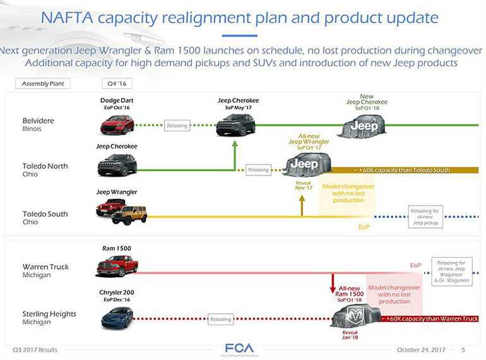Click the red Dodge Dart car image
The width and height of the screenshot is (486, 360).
[x=117, y=124]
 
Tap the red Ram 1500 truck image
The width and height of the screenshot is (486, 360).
[x=117, y=266]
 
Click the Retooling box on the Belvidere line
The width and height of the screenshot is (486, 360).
[x=177, y=126]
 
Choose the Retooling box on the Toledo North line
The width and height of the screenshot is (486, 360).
[x=258, y=170]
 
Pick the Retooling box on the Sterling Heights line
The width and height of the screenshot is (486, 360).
[x=221, y=320]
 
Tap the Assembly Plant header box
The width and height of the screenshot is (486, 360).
[x=42, y=83]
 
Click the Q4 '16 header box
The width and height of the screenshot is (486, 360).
[x=116, y=83]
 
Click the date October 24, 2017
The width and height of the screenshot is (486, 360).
[x=421, y=350]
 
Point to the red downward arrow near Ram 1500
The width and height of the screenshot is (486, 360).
[x=333, y=284]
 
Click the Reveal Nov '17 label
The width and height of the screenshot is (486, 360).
[x=304, y=185]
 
